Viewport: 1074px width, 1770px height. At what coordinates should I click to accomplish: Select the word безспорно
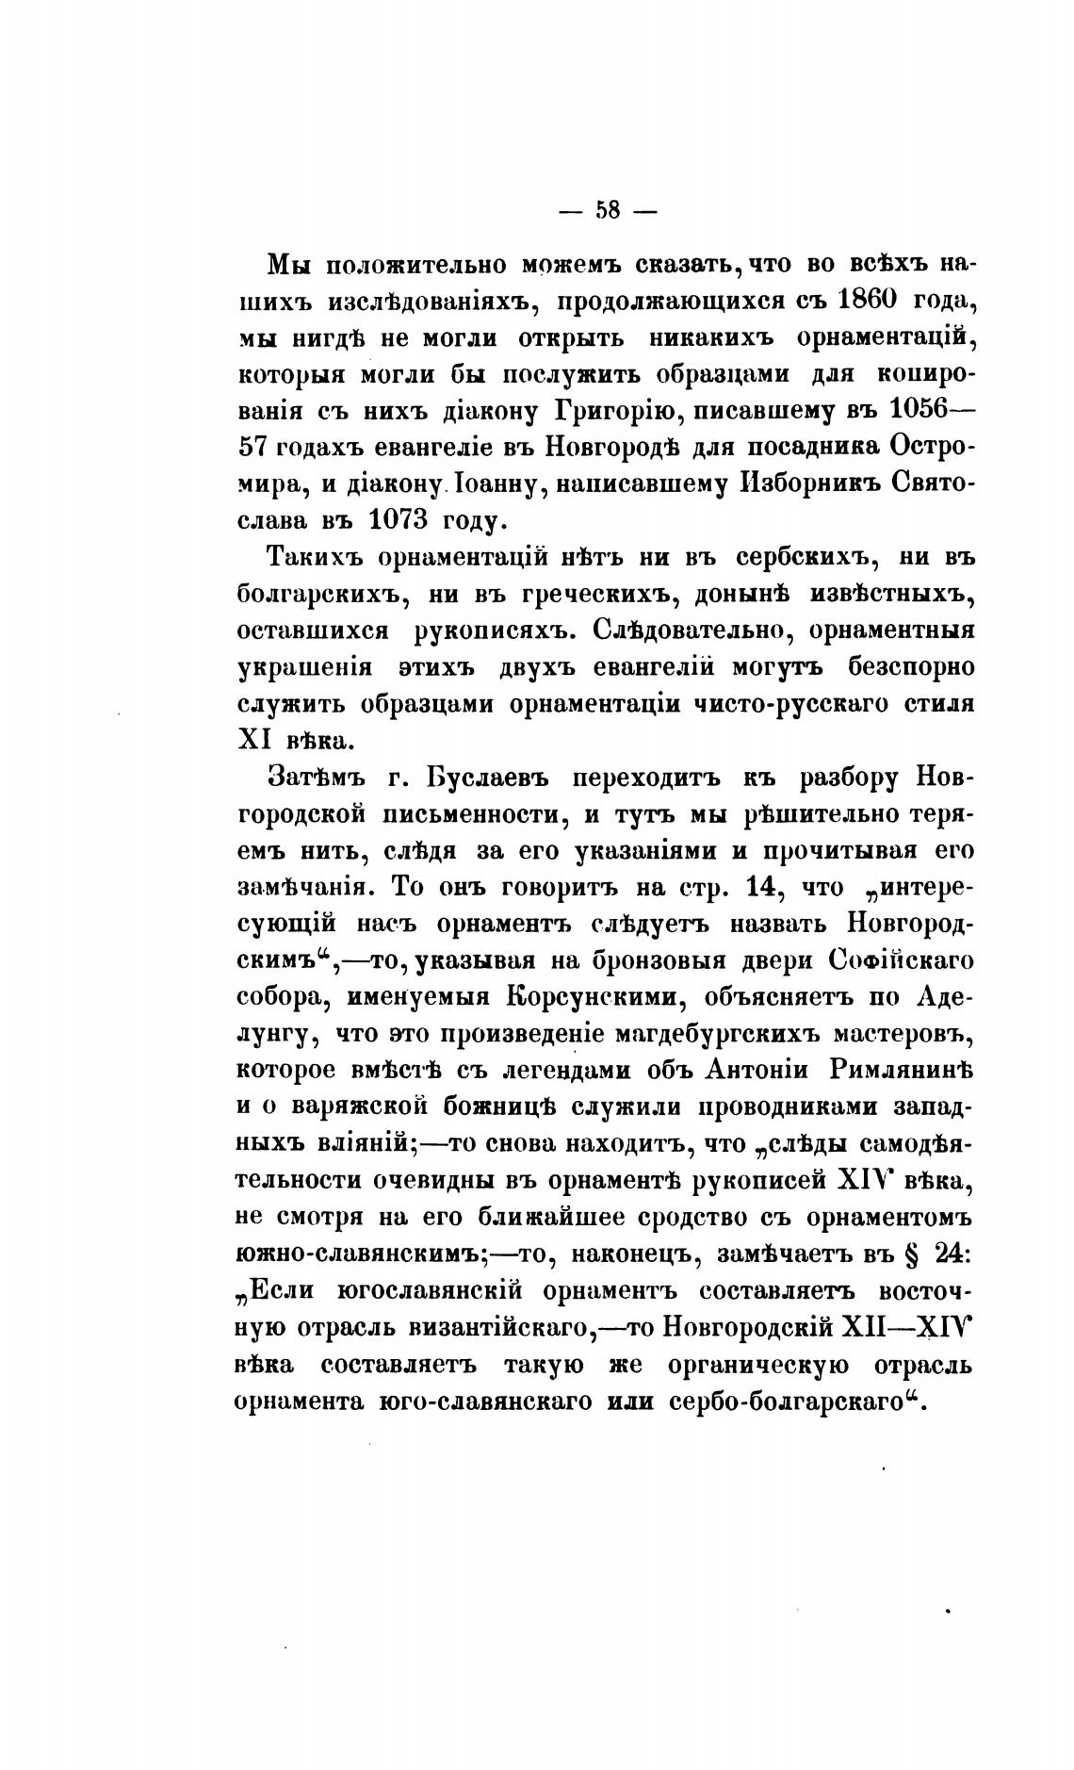click(908, 667)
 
